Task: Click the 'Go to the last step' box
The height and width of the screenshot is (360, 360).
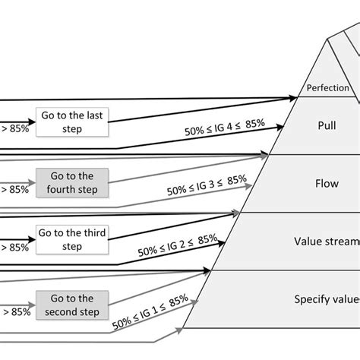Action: pyautogui.click(x=72, y=122)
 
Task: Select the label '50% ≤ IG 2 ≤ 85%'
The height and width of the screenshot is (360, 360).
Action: pyautogui.click(x=177, y=245)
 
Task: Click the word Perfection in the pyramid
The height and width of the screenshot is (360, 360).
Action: pyautogui.click(x=328, y=88)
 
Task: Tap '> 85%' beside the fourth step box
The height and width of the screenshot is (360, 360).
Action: pyautogui.click(x=14, y=188)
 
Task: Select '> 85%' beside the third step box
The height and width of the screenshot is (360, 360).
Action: pyautogui.click(x=14, y=246)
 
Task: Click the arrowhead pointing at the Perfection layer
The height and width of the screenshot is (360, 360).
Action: pyautogui.click(x=292, y=97)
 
